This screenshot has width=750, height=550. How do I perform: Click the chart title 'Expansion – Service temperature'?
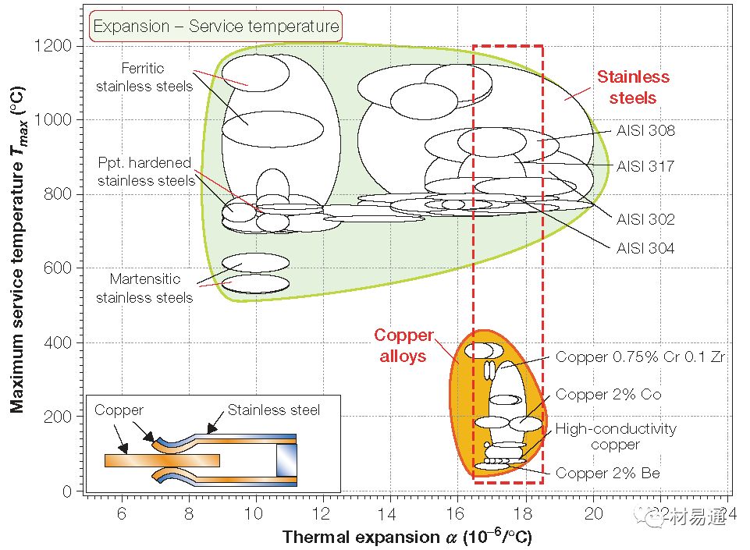pyautogui.click(x=216, y=27)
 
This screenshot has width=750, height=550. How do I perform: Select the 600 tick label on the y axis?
pyautogui.click(x=59, y=268)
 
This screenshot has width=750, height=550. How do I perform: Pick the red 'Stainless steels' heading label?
pyautogui.click(x=633, y=87)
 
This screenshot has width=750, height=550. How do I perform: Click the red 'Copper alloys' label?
pyautogui.click(x=403, y=345)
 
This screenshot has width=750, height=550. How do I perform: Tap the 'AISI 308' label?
pyautogui.click(x=645, y=131)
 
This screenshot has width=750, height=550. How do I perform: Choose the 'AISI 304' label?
pyautogui.click(x=645, y=249)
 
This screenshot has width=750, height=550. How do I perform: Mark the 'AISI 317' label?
pyautogui.click(x=645, y=166)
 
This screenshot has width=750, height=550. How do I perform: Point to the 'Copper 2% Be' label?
pyautogui.click(x=607, y=473)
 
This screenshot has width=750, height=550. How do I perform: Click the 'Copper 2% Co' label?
pyautogui.click(x=608, y=395)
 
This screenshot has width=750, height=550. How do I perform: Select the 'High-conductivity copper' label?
pyautogui.click(x=616, y=436)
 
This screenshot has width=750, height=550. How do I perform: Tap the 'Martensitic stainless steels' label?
pyautogui.click(x=144, y=288)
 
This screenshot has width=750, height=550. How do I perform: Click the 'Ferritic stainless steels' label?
pyautogui.click(x=144, y=76)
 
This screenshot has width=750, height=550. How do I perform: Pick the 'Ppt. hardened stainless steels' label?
pyautogui.click(x=146, y=172)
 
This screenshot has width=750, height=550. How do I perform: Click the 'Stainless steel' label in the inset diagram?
pyautogui.click(x=273, y=410)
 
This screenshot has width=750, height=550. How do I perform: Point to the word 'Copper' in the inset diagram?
pyautogui.click(x=119, y=410)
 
